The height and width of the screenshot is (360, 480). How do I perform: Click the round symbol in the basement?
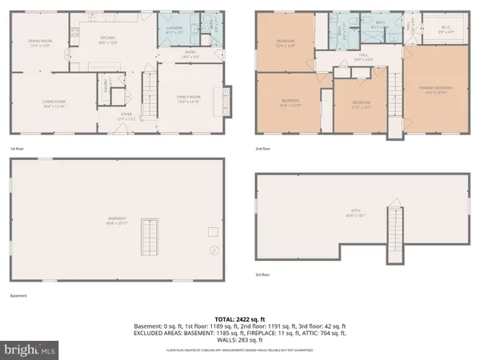tap(214, 250)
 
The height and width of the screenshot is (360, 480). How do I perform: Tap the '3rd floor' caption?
tap(263, 274)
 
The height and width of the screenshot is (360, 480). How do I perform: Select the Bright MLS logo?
tap(30, 350)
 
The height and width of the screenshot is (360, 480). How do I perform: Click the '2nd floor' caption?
tap(263, 148)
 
